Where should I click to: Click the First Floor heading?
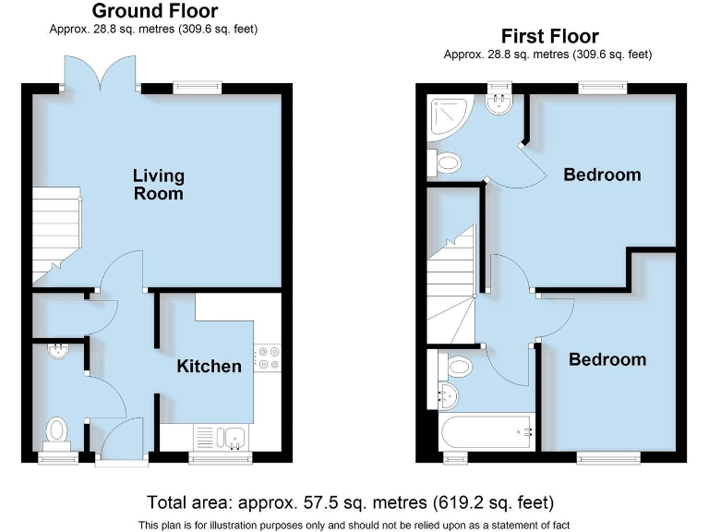pyautogui.click(x=549, y=37)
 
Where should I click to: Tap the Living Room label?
pyautogui.click(x=159, y=184)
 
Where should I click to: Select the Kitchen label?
pyautogui.click(x=210, y=366)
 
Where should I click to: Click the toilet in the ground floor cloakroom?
pyautogui.click(x=57, y=431)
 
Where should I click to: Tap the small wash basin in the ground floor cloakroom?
pyautogui.click(x=58, y=350)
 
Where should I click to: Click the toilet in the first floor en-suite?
pyautogui.click(x=448, y=163)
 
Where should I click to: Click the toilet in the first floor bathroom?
pyautogui.click(x=457, y=366)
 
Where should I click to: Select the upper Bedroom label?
pyautogui.click(x=602, y=175)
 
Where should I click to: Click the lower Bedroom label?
pyautogui.click(x=607, y=359)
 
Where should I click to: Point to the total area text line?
pyautogui.click(x=350, y=502)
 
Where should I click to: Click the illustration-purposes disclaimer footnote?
pyautogui.click(x=354, y=525)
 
